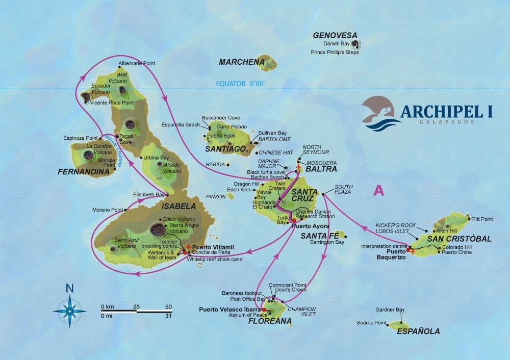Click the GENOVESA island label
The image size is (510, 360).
tap(335, 36)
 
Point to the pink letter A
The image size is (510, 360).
tap(378, 190)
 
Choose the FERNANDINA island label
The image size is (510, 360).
tap(84, 172)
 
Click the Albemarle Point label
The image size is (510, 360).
tap(137, 64)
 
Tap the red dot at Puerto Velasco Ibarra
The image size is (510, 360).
tap(264, 309)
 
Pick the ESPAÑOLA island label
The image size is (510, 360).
tap(418, 331)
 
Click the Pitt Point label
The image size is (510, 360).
tap(482, 219)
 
